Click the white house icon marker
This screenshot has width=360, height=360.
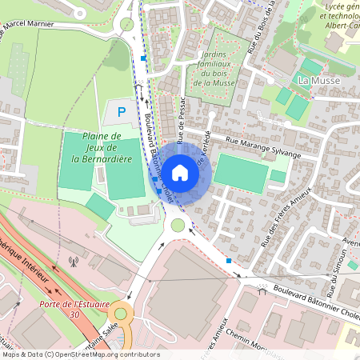180,172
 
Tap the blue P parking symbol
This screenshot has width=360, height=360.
122,112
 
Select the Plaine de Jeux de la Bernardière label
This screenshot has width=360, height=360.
101,147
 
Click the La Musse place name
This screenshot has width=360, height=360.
314,82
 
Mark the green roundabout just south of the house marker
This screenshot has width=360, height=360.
177,227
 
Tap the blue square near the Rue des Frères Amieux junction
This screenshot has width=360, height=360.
230,262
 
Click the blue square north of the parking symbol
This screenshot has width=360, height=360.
143,58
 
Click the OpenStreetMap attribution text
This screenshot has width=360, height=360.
80,354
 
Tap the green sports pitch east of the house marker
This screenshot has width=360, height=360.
242,172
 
